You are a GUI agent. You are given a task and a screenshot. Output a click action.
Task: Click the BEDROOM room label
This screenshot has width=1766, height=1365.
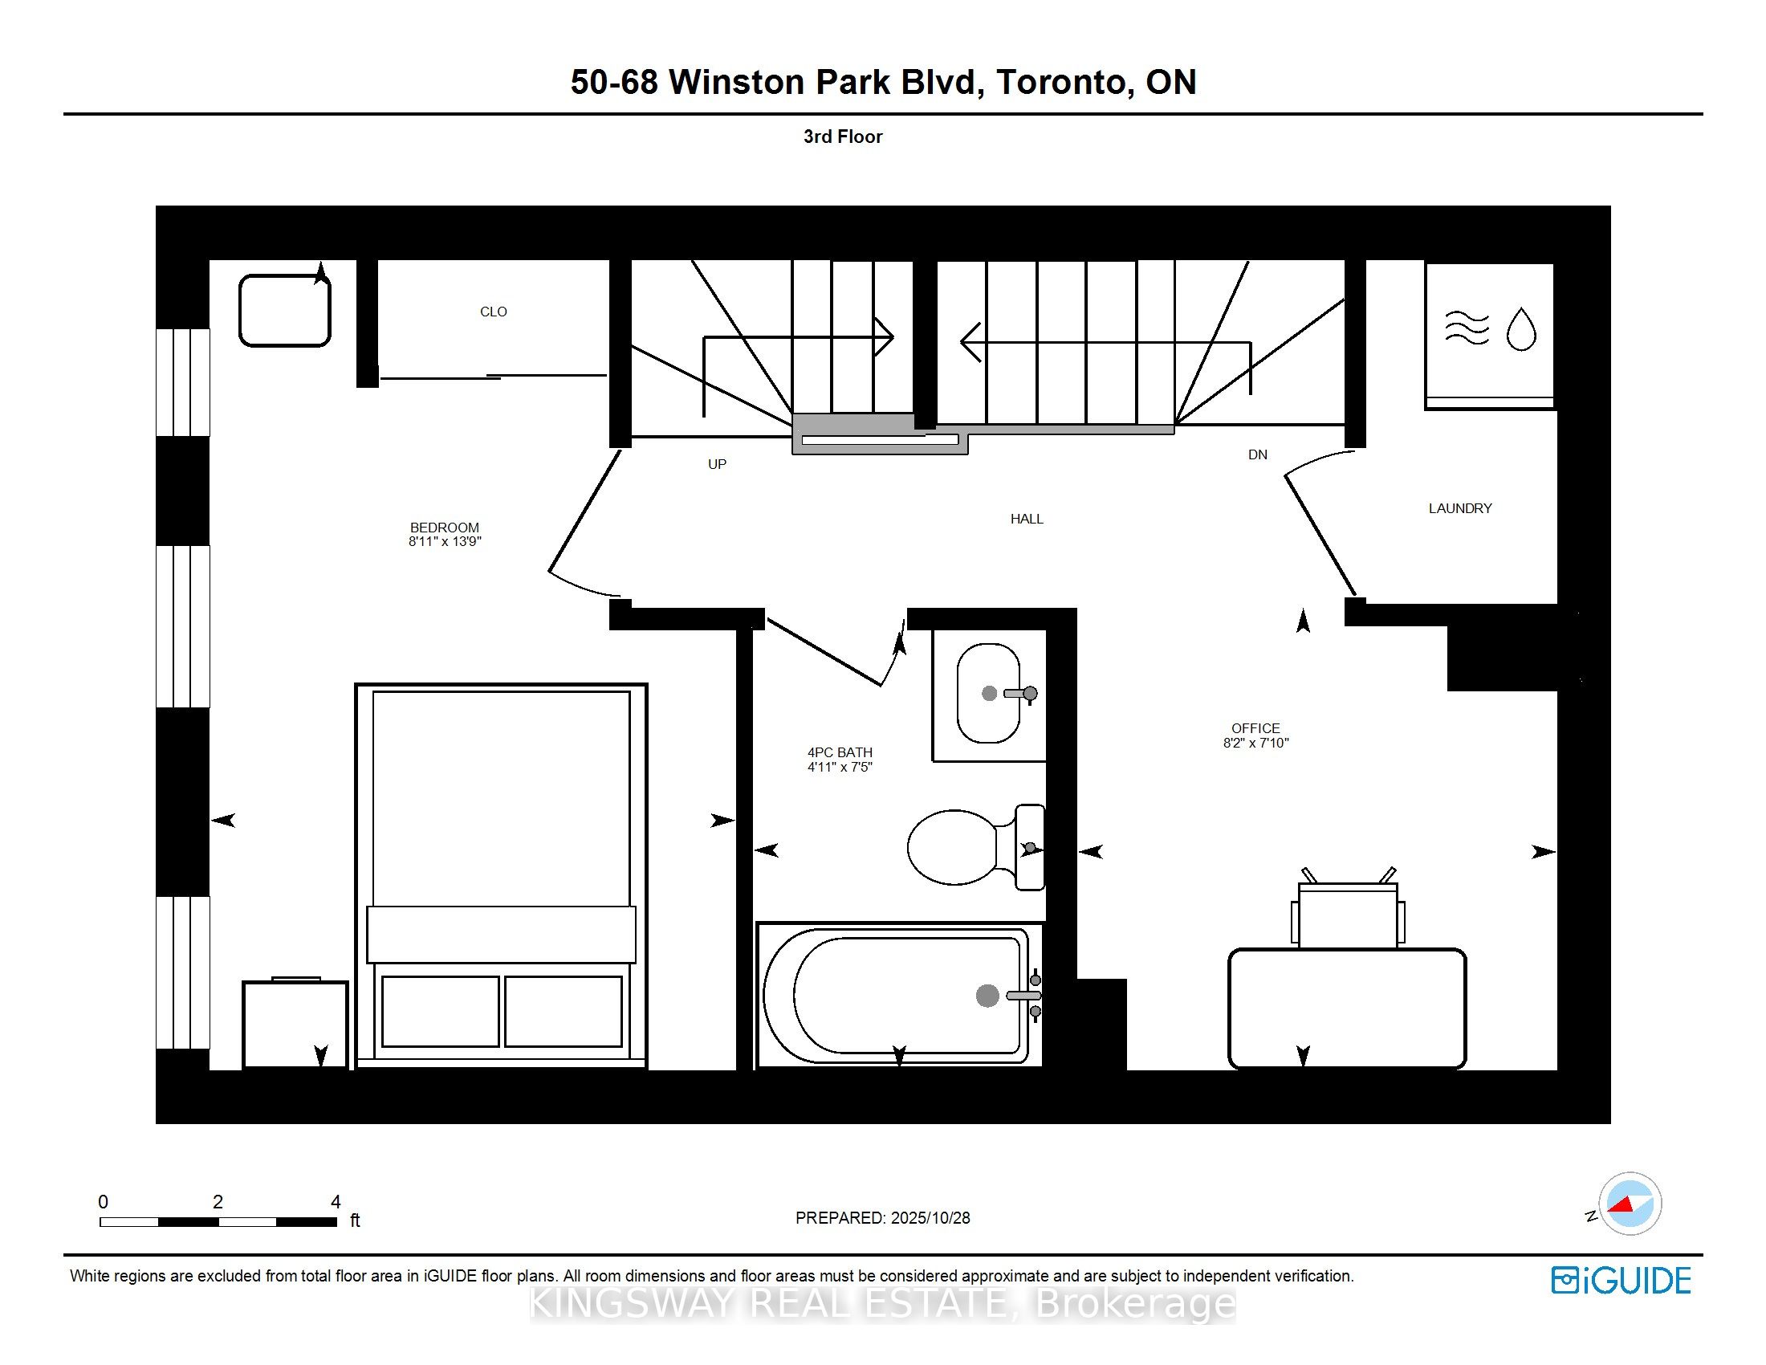coord(444,528)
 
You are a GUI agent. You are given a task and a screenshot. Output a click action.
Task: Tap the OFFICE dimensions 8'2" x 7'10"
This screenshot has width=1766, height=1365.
coord(1255,743)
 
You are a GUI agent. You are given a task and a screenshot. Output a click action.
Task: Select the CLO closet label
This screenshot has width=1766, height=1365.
coord(493,312)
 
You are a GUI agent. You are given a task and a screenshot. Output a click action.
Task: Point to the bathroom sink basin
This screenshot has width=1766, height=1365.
coord(987,693)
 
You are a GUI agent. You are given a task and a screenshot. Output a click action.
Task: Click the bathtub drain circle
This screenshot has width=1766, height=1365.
coord(987,996)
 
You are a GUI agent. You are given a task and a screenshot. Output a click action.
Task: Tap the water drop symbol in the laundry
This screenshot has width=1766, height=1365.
coord(1521,329)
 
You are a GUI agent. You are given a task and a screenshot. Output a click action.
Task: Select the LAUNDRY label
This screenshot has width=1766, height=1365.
coord(1459,507)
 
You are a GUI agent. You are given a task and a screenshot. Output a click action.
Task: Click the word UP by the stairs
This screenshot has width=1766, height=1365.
coord(716,464)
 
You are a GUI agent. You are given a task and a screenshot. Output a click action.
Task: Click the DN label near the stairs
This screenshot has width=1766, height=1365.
coord(1256,454)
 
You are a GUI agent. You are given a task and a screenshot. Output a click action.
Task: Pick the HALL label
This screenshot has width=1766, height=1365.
coord(1026,519)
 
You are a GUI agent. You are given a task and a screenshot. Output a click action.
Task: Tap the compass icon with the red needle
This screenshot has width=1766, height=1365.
coord(1630,1204)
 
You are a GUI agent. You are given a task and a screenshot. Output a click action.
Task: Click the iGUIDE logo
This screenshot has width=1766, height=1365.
coord(1621,1280)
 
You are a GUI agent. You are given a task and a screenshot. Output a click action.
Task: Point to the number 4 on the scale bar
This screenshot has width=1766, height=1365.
coord(336,1202)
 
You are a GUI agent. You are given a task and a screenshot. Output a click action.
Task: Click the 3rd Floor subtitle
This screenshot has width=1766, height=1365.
coord(842,136)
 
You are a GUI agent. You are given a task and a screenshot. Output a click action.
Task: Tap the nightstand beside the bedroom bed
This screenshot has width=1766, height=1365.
coord(295,1024)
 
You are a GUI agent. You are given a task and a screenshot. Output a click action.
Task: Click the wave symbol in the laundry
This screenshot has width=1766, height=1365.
coord(1466,328)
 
